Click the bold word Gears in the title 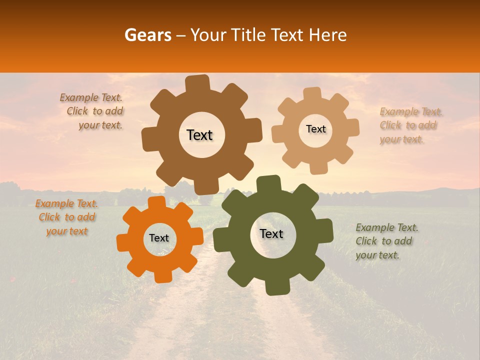click(147, 35)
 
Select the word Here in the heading click(328, 35)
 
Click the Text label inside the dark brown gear click(199, 135)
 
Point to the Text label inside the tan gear click(315, 129)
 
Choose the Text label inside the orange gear click(159, 238)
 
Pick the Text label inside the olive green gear click(271, 233)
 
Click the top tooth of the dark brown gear click(197, 83)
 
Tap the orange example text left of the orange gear click(67, 217)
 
